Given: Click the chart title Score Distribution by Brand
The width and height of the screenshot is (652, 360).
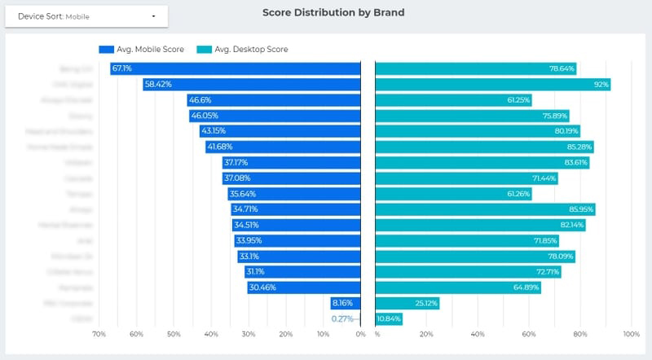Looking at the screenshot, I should (333, 13).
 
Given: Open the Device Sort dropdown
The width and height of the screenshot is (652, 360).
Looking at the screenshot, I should (86, 15).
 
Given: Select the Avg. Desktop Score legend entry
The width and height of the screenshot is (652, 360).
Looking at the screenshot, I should (244, 50).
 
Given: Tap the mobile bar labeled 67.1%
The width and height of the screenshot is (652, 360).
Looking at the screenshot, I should (236, 69).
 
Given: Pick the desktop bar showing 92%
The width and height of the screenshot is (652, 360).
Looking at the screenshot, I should (492, 85).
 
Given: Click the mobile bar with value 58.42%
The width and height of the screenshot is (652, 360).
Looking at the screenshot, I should (252, 85).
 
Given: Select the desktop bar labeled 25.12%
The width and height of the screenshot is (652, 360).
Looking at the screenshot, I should (407, 303).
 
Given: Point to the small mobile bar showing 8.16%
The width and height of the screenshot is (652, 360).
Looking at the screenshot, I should (346, 303).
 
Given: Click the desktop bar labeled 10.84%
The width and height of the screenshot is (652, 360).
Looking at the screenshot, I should (389, 318).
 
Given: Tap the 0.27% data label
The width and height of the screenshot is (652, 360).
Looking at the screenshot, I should (342, 318).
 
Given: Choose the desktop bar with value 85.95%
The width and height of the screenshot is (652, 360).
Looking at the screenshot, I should (485, 209).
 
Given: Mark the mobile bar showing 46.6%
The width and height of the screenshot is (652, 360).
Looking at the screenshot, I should (274, 100).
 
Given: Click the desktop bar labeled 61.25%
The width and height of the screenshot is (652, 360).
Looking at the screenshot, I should (453, 100).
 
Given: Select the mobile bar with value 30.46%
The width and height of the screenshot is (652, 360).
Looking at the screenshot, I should (304, 288).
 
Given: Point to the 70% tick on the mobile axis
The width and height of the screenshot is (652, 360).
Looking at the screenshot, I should (99, 334).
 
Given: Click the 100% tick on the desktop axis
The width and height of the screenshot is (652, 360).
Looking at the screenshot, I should (631, 334).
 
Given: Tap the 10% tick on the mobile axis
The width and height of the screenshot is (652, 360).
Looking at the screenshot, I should (323, 334).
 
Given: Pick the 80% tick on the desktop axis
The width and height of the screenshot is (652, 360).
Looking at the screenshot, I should (579, 334).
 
